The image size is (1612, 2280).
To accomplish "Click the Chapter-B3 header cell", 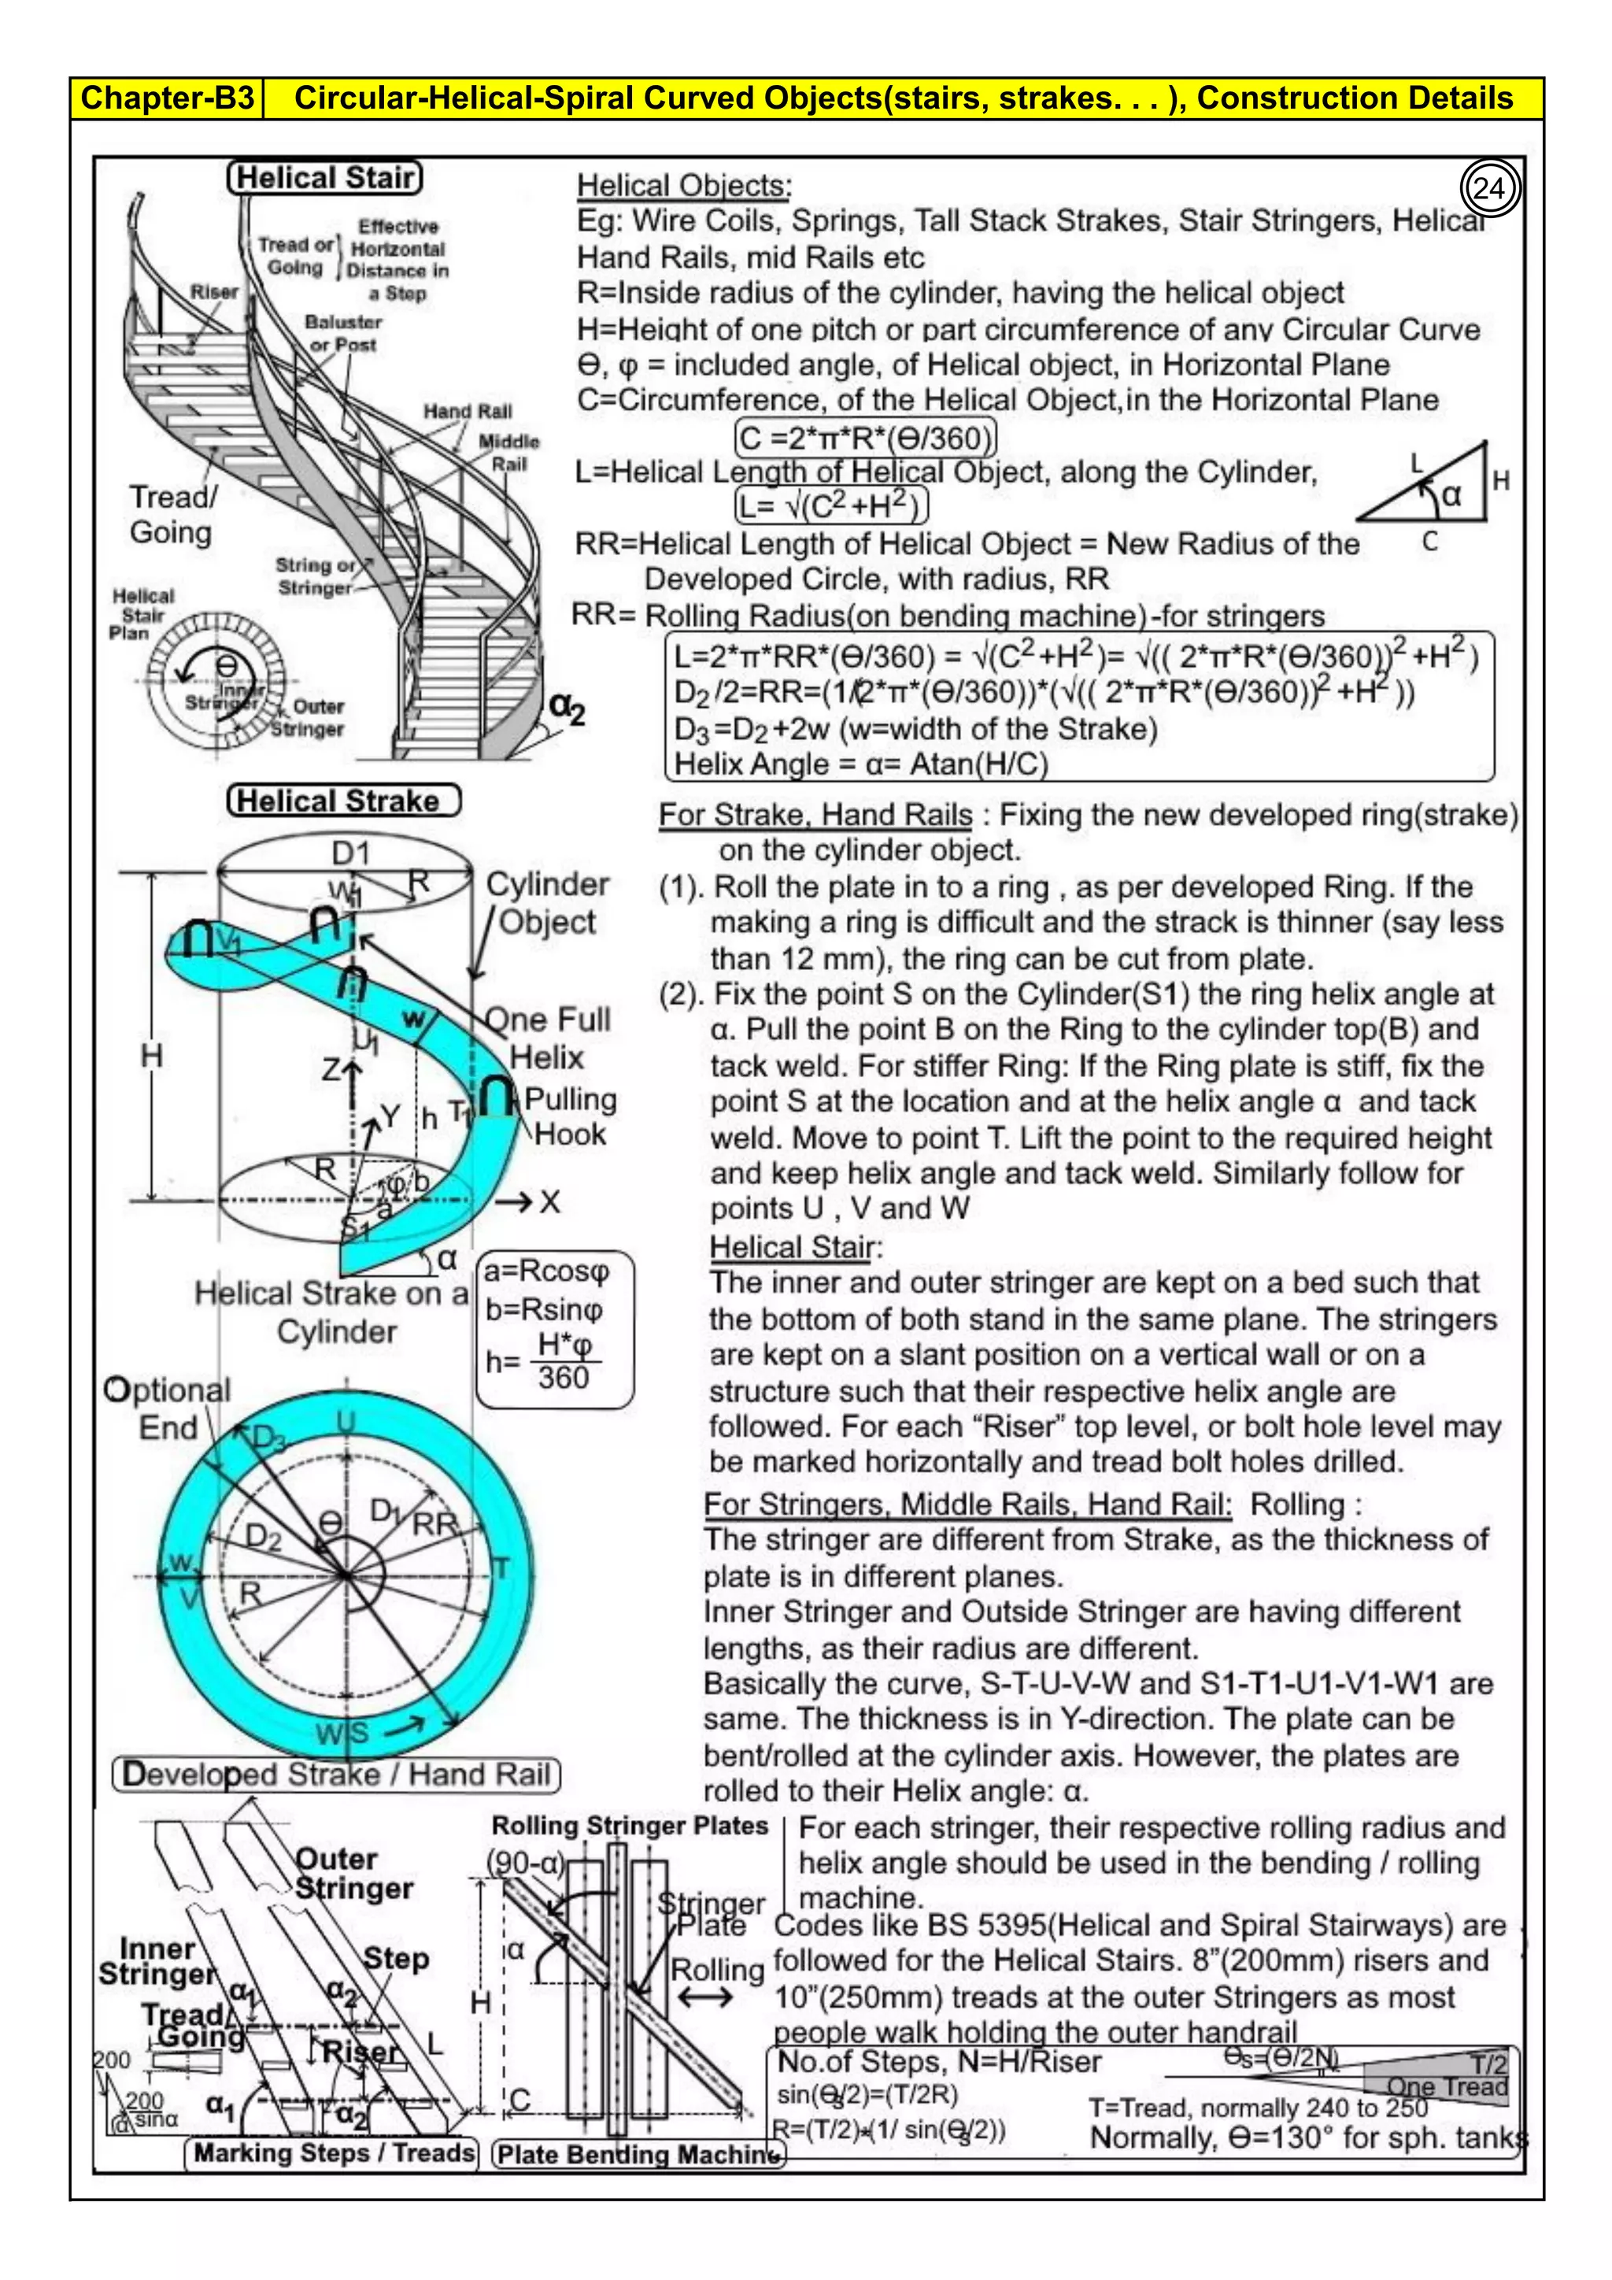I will click(167, 98).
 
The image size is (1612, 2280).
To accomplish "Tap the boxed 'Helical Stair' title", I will click(324, 178).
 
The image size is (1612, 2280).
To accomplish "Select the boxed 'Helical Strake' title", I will click(343, 801).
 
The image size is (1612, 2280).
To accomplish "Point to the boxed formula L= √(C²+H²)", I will click(831, 505).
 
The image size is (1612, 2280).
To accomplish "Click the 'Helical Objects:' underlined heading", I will click(684, 186).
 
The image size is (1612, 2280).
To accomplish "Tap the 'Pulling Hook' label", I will click(570, 1116).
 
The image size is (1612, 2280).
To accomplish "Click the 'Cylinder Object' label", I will click(547, 903).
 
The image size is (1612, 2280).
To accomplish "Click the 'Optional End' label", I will click(167, 1408).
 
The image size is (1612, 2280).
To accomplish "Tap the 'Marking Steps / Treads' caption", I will click(334, 2153).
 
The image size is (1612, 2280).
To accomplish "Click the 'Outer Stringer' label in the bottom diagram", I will click(353, 1873).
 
